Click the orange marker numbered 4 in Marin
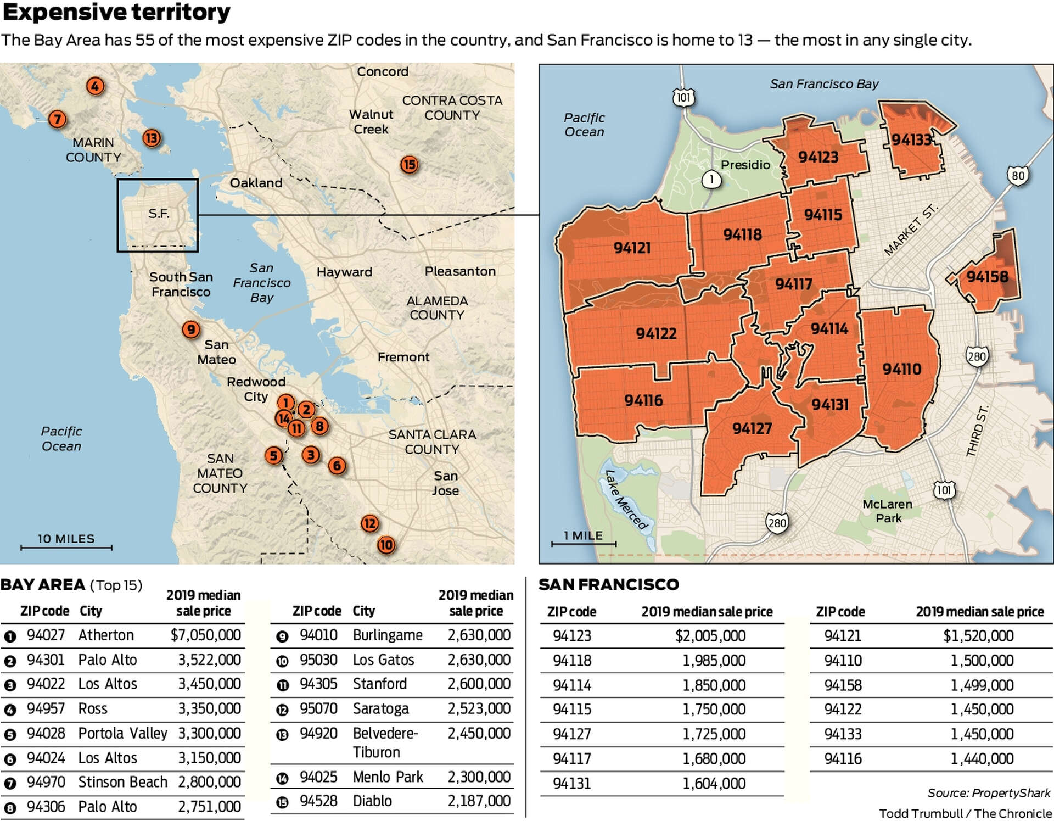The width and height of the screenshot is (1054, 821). tap(95, 86)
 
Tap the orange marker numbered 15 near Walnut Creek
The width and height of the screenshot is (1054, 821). tap(409, 165)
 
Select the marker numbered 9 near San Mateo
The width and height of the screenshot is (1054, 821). tap(190, 329)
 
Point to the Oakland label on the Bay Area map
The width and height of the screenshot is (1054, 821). tap(256, 183)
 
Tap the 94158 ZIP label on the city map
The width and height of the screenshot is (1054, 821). tap(987, 276)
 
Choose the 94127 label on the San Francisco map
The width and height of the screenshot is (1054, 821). tap(752, 428)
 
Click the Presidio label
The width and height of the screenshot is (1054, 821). tap(745, 165)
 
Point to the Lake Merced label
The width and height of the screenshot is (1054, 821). tap(626, 499)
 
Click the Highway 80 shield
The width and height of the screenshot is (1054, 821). tap(1018, 176)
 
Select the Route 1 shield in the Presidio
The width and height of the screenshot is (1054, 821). tap(711, 179)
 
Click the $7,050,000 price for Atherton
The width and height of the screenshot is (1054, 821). tap(205, 635)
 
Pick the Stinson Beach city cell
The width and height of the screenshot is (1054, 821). tap(122, 782)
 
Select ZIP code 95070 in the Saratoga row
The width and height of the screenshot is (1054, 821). tap(318, 709)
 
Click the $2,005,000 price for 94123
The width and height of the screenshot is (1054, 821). tap(710, 636)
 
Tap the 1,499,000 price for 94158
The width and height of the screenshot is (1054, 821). tap(982, 685)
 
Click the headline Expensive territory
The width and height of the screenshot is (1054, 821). tap(116, 12)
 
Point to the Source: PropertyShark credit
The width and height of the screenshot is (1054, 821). tap(989, 793)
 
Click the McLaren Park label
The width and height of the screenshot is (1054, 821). tap(888, 511)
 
